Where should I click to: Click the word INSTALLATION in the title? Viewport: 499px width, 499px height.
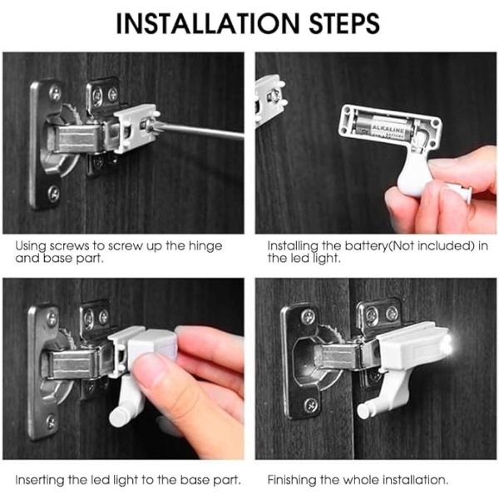point(208,23)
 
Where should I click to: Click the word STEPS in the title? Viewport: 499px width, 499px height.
point(345,23)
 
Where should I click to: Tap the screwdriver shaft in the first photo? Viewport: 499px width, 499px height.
point(204,131)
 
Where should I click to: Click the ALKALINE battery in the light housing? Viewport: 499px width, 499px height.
point(385,129)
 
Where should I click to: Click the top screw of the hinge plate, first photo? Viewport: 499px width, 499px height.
point(56,92)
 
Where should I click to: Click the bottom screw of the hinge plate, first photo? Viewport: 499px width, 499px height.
point(54,192)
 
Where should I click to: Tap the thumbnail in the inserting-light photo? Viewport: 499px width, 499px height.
point(149,362)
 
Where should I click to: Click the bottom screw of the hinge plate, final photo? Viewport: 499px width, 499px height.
point(310,406)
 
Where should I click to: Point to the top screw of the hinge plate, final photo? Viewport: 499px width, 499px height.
point(308,316)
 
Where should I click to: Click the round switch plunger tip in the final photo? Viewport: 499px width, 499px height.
point(363,411)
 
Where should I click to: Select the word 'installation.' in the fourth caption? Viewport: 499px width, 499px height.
point(415,480)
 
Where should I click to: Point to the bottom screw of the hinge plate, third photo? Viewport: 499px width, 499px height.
point(51,422)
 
